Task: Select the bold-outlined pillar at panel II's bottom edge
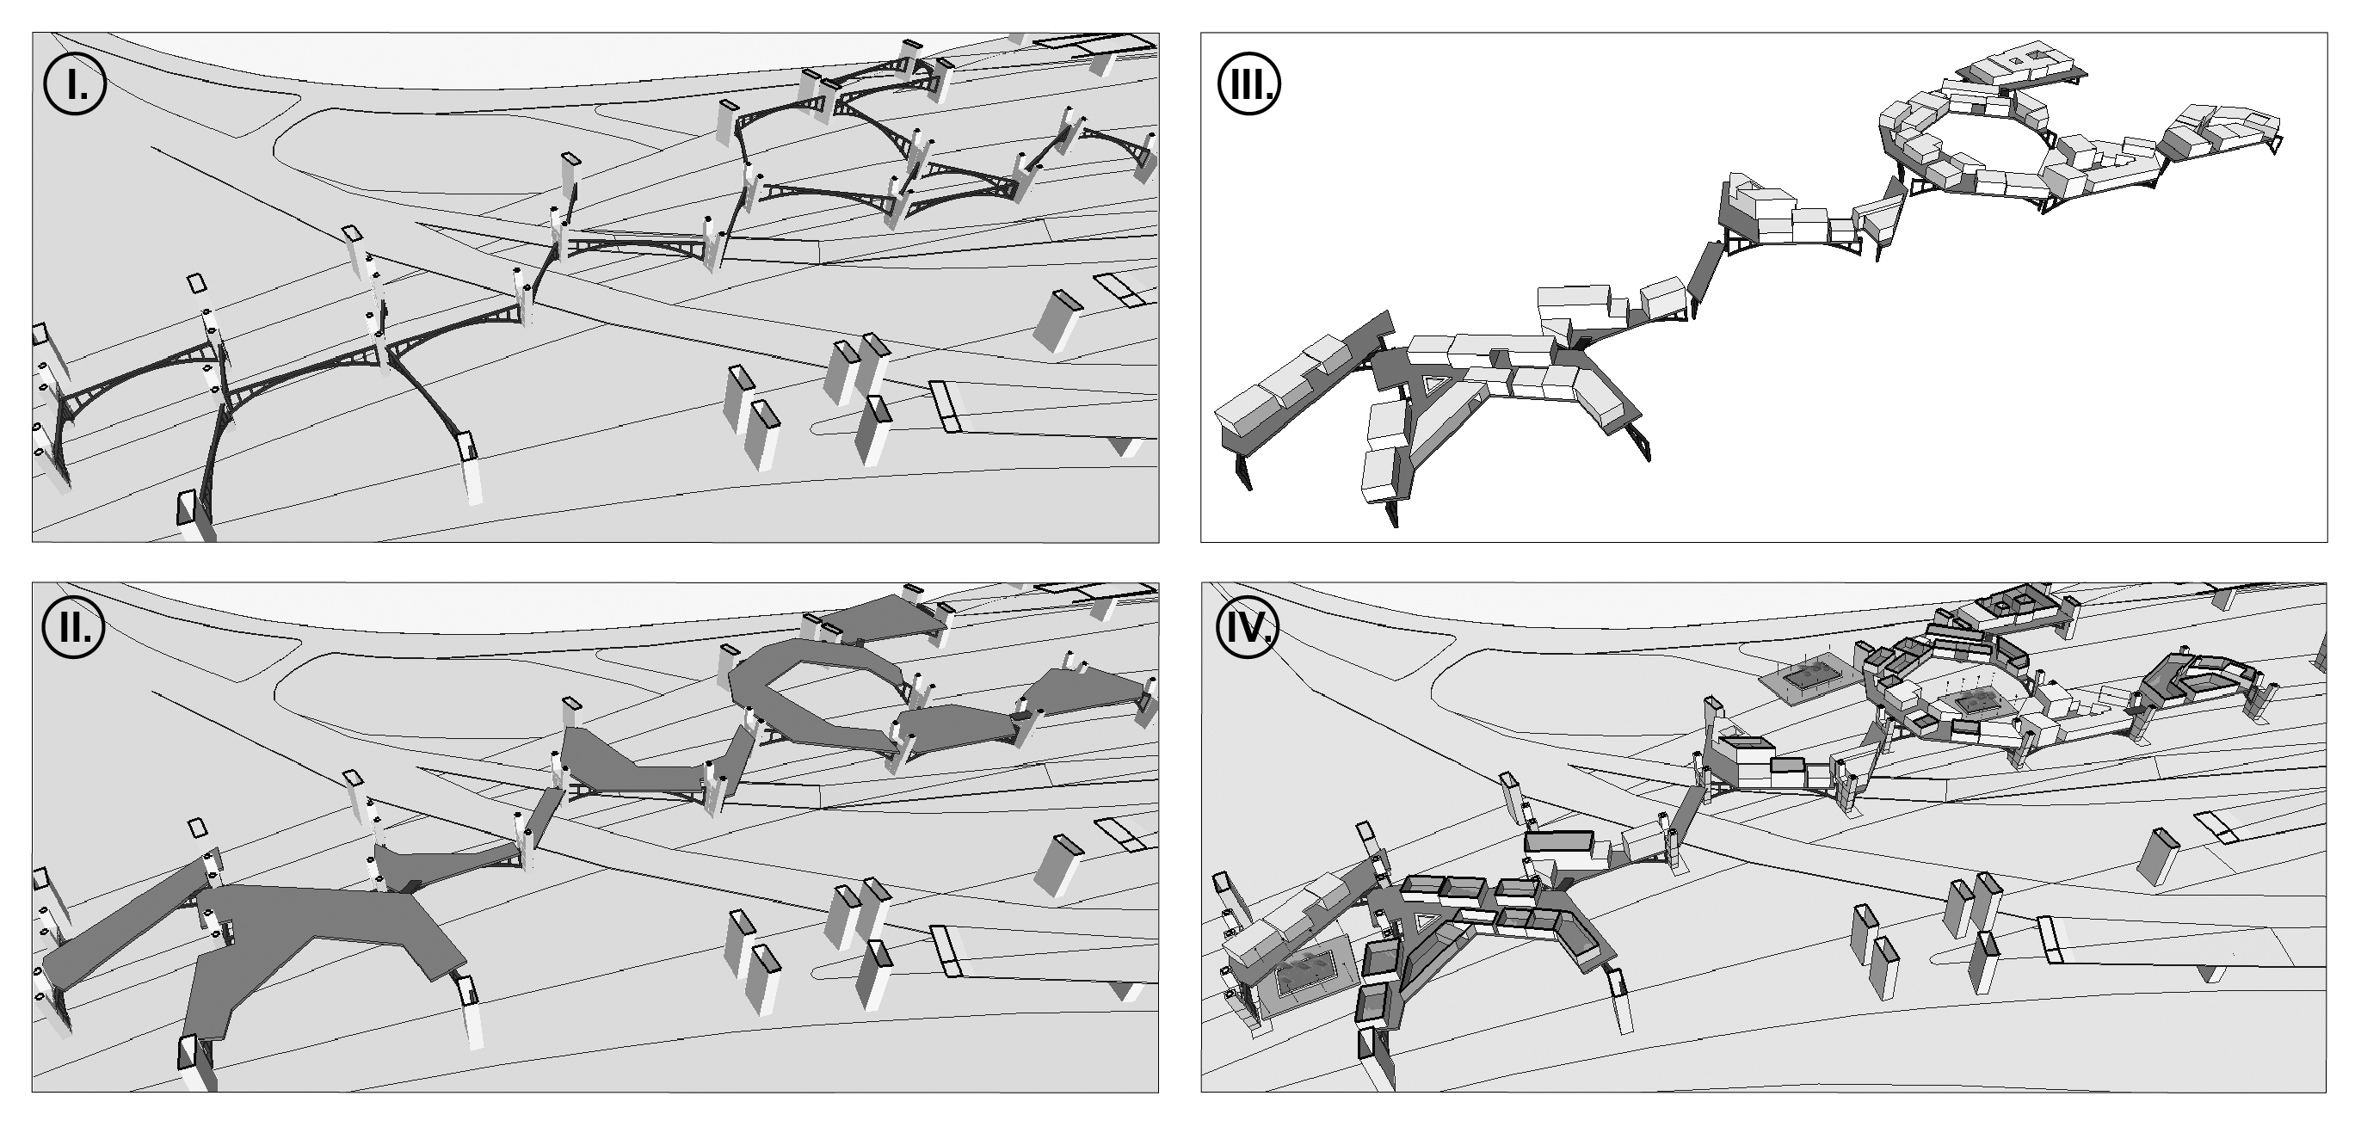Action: click(x=196, y=1063)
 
